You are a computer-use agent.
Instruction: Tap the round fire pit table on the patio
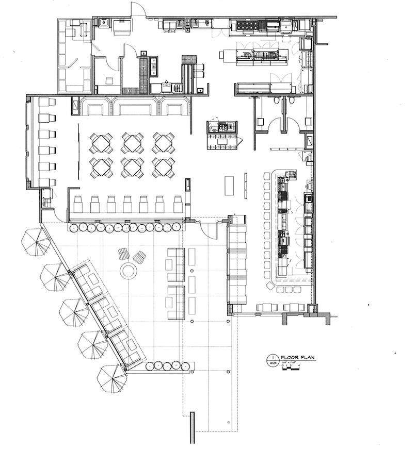coord(127,270)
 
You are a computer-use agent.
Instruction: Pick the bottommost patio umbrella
coord(111,378)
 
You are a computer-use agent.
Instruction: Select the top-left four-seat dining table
coord(101,142)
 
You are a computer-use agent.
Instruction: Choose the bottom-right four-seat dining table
coord(164,168)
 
